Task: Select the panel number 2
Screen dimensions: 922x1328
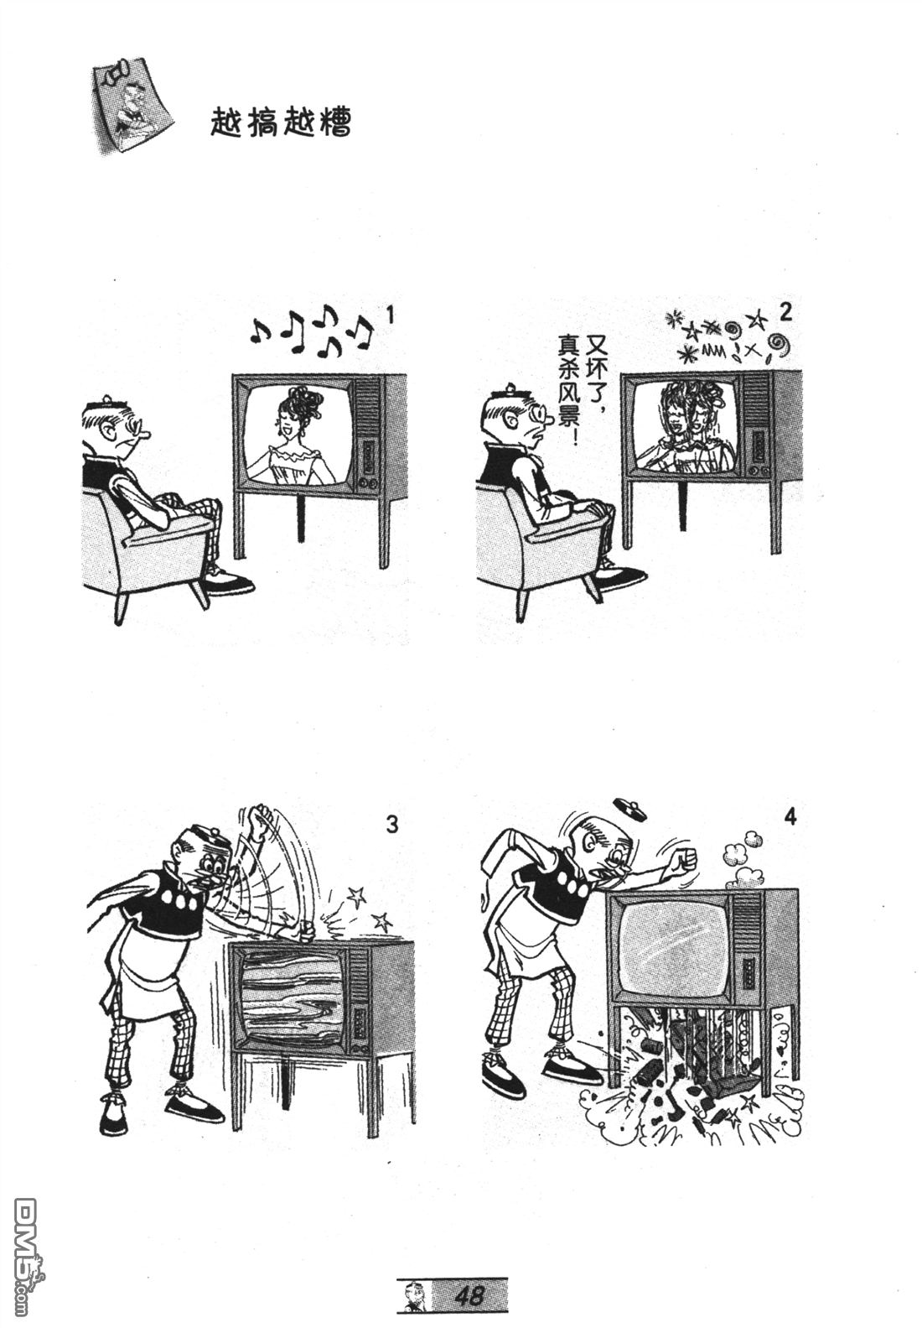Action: click(x=785, y=312)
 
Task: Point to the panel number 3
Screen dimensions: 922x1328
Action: click(x=392, y=825)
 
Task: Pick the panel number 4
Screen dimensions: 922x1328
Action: click(x=790, y=818)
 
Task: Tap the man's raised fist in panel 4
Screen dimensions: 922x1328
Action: click(x=685, y=858)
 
